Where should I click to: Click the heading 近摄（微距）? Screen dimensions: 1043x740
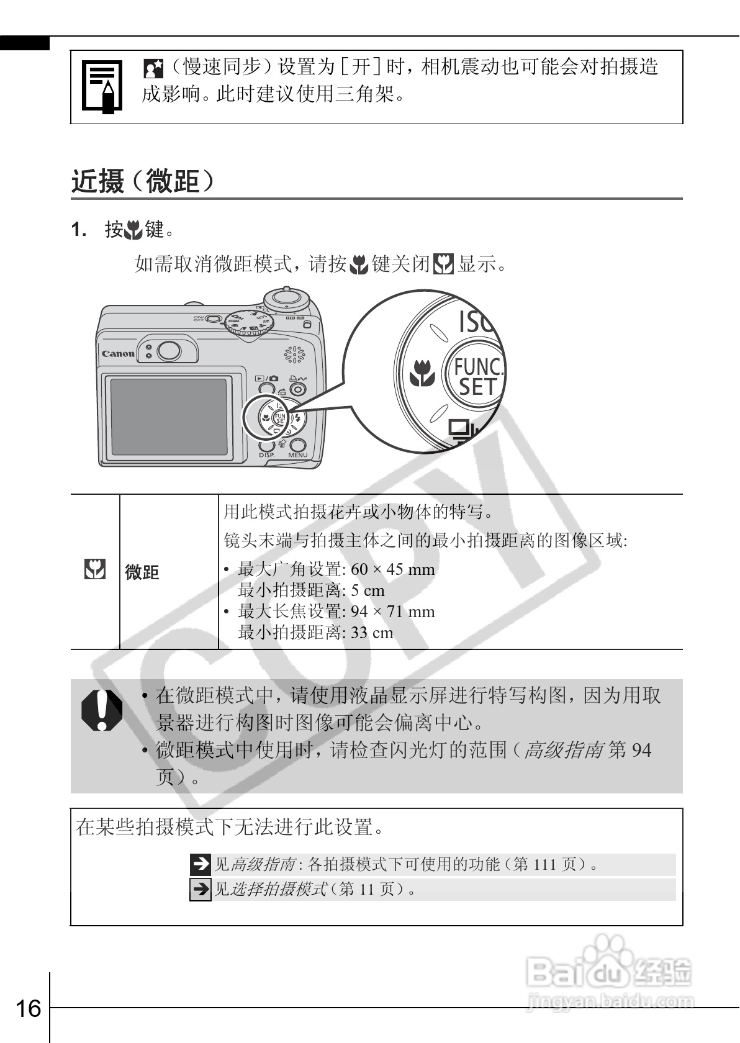click(144, 182)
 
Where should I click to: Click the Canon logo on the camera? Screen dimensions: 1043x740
click(118, 354)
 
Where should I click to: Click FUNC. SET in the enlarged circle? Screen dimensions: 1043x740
click(477, 376)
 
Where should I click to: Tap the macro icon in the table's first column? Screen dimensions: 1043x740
click(94, 569)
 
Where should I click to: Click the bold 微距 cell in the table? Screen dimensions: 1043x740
click(142, 572)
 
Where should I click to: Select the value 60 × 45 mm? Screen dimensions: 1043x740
click(392, 569)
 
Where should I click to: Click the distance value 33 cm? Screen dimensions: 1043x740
click(372, 633)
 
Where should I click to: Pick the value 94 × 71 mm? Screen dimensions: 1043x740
click(392, 612)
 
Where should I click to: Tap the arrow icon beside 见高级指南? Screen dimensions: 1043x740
click(201, 864)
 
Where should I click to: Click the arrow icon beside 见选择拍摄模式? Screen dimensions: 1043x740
click(201, 889)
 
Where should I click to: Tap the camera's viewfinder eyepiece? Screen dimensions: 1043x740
click(168, 351)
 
